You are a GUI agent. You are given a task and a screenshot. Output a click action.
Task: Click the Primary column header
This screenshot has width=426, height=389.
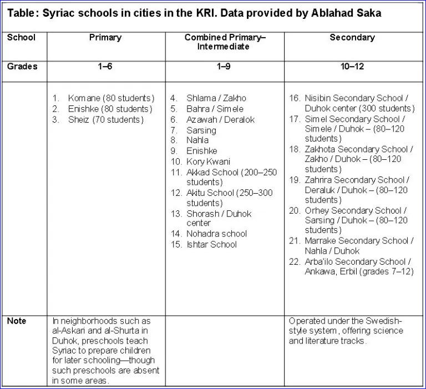tap(105, 38)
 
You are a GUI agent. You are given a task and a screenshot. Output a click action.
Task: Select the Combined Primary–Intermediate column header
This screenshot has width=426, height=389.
tap(225, 42)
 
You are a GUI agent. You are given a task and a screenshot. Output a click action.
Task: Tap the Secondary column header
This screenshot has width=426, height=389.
tap(352, 38)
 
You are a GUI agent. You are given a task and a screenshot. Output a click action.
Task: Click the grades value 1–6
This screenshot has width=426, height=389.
tap(105, 67)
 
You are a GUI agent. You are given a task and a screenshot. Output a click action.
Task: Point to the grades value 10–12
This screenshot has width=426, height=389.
tap(352, 67)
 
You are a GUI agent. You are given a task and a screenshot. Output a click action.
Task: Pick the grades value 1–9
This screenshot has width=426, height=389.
tap(224, 67)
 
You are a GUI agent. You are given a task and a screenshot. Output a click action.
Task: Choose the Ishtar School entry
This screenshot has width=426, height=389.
tap(211, 244)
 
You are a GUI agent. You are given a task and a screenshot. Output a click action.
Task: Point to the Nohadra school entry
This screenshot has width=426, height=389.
tap(216, 234)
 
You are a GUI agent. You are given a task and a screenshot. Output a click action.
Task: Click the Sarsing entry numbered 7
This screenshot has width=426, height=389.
tap(201, 130)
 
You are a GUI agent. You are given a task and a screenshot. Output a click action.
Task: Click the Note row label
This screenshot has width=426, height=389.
tap(17, 321)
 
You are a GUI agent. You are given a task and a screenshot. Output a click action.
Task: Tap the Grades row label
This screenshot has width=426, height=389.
tap(22, 67)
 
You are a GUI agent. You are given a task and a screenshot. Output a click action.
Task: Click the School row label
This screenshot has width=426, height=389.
tap(21, 38)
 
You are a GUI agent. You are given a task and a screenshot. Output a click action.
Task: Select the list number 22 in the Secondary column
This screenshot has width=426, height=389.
tap(295, 261)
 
